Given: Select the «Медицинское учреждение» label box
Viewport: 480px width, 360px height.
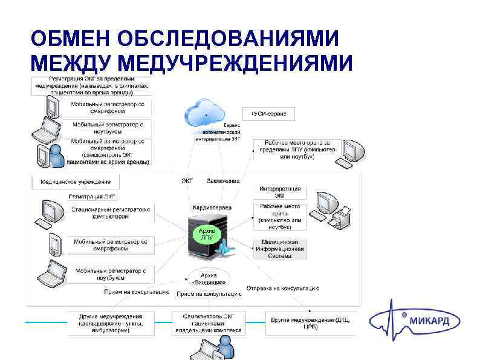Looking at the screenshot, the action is (x=76, y=181).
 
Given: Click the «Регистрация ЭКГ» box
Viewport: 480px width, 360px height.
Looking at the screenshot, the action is (x=92, y=196).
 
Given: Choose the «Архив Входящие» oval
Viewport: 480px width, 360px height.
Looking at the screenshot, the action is (x=210, y=278).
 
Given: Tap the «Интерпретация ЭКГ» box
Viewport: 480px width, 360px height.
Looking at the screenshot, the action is (x=279, y=192).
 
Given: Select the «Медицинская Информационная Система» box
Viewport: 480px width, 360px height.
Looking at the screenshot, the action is (x=279, y=249).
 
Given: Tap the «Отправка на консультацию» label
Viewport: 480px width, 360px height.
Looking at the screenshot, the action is (x=282, y=288).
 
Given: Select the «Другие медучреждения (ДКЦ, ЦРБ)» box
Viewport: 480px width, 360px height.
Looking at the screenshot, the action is (x=310, y=322).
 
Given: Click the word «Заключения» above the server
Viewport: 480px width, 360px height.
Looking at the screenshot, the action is (x=223, y=180).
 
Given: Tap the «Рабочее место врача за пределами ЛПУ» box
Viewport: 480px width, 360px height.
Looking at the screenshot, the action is (x=293, y=149).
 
